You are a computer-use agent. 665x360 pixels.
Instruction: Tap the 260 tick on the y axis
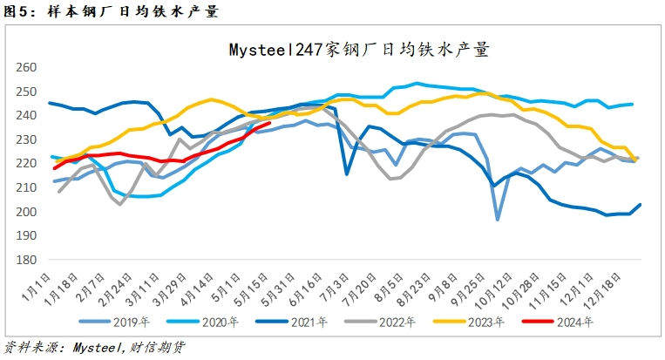(27, 67)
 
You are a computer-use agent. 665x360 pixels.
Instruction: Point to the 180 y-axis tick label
(27, 260)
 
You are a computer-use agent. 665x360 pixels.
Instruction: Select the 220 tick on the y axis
(27, 164)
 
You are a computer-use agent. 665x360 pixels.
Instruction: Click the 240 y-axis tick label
(27, 116)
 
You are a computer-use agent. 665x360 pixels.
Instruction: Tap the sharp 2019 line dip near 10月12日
(498, 220)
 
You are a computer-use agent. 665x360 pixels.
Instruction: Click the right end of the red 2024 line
(268, 123)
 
